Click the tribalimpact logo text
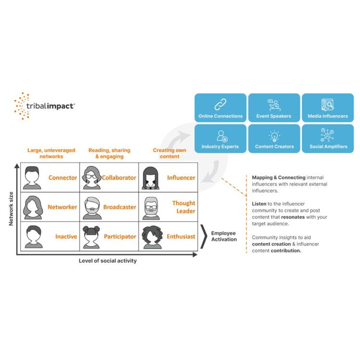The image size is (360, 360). click(51, 106)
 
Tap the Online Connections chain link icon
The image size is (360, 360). click(221, 104)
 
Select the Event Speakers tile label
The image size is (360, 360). click(273, 116)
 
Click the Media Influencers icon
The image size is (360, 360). click(328, 105)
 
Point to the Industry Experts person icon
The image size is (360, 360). click(222, 136)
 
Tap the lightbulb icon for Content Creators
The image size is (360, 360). click(274, 136)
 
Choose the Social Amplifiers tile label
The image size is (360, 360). click(328, 147)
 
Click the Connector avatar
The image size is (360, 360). click(32, 178)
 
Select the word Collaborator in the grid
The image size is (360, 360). click(119, 178)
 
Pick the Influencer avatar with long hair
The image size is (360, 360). click(150, 178)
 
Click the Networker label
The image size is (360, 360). click(62, 207)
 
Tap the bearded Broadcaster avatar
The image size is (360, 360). click(92, 208)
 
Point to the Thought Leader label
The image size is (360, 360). click(184, 207)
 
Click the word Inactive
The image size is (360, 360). click(66, 236)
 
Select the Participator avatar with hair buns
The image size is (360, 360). click(91, 237)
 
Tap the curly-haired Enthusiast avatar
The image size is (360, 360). click(152, 237)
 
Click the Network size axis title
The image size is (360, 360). click(11, 209)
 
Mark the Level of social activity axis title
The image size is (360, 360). click(108, 261)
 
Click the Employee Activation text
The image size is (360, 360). click(224, 236)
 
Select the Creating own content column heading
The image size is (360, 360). click(170, 153)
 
